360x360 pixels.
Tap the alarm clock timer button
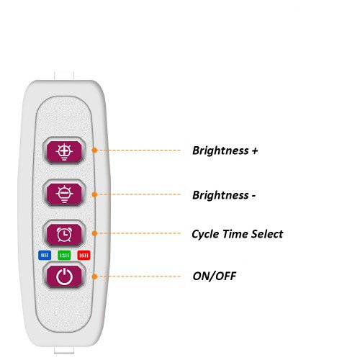pyautogui.click(x=64, y=234)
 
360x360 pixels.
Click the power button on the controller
pyautogui.click(x=64, y=276)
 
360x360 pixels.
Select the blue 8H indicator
pyautogui.click(x=45, y=255)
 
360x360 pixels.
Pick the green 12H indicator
pyautogui.click(x=64, y=255)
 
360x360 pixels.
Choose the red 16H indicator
pyautogui.click(x=84, y=255)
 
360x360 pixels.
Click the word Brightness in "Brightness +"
pyautogui.click(x=220, y=151)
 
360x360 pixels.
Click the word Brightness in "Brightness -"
pyautogui.click(x=220, y=195)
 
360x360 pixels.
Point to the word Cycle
pyautogui.click(x=205, y=234)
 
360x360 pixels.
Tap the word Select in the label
pyautogui.click(x=267, y=234)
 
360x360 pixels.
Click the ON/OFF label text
pyautogui.click(x=215, y=276)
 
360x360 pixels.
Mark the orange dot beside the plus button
pyautogui.click(x=94, y=150)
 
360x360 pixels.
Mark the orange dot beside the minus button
pyautogui.click(x=94, y=194)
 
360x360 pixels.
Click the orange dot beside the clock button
pyautogui.click(x=94, y=233)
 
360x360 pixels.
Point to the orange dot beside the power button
pyautogui.click(x=94, y=276)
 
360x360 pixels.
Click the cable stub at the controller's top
pyautogui.click(x=64, y=76)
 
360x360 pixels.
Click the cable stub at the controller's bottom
pyautogui.click(x=64, y=350)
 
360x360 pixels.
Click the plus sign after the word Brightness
pyautogui.click(x=255, y=151)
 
